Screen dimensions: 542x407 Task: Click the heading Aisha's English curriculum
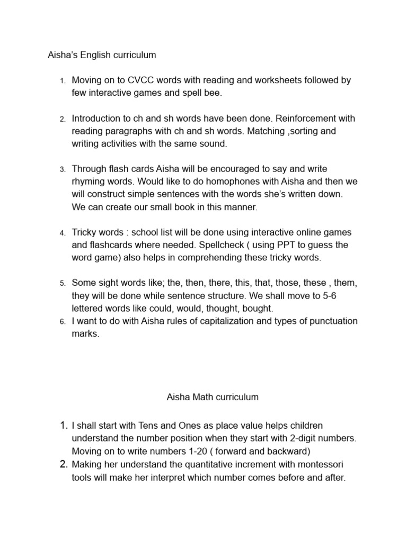point(102,55)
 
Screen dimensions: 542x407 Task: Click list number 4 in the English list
point(61,233)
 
